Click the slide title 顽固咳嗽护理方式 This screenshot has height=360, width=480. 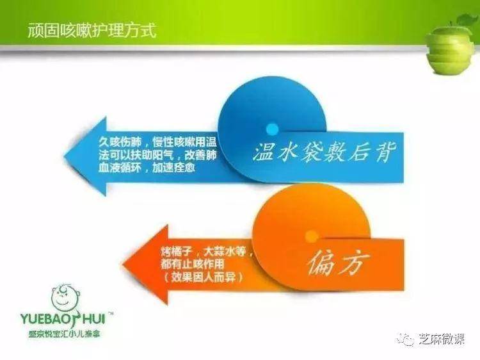coord(92,30)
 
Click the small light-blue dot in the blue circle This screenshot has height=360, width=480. coord(272,129)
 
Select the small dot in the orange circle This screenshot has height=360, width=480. coord(312,236)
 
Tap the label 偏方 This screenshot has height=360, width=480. coord(339,262)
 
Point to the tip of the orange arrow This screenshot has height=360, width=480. coord(123,264)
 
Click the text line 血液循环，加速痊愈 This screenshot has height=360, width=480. coord(147,168)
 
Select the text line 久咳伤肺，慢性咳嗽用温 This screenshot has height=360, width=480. coord(157,142)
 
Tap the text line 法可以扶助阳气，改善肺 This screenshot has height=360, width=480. coord(157,155)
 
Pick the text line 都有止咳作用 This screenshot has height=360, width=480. coord(193,265)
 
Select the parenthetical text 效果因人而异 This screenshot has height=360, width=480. coord(204,277)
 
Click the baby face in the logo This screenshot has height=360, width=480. coord(66,297)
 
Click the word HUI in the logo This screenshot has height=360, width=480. coord(93,318)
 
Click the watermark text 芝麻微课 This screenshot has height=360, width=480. coord(442,339)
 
